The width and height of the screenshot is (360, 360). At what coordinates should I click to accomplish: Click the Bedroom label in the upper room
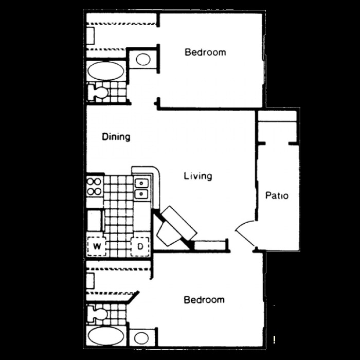click(x=205, y=52)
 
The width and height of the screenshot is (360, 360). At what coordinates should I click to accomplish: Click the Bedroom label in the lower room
click(x=204, y=300)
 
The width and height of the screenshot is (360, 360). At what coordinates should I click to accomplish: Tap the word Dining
click(x=116, y=137)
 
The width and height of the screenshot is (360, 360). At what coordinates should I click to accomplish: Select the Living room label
click(x=198, y=176)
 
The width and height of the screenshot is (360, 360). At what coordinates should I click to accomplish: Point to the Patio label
click(x=277, y=195)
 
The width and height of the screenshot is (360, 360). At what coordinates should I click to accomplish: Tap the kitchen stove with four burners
click(x=94, y=186)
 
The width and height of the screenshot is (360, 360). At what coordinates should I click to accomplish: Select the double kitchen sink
click(x=141, y=188)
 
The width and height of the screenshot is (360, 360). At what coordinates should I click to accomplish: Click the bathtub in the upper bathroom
click(x=105, y=71)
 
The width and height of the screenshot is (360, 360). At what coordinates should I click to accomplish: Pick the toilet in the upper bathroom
click(x=98, y=92)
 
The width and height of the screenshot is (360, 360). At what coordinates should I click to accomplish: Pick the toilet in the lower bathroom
click(x=98, y=313)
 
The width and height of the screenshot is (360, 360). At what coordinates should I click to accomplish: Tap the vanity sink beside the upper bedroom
click(x=143, y=59)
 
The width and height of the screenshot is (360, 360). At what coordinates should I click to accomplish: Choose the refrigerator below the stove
click(x=94, y=220)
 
